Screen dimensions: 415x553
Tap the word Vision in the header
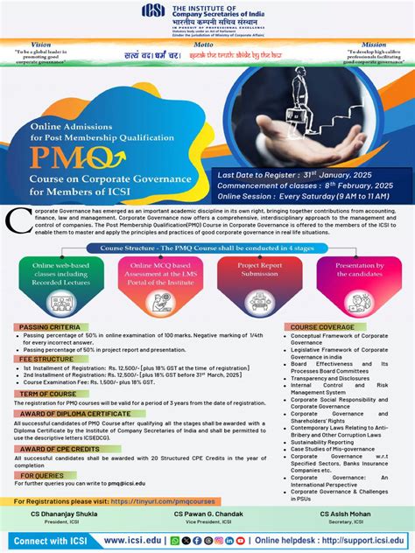[x=40, y=43]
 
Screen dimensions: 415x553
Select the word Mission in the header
[x=374, y=43]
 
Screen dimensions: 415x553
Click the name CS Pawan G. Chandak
[x=207, y=514]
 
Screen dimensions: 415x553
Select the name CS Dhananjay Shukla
[x=66, y=514]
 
